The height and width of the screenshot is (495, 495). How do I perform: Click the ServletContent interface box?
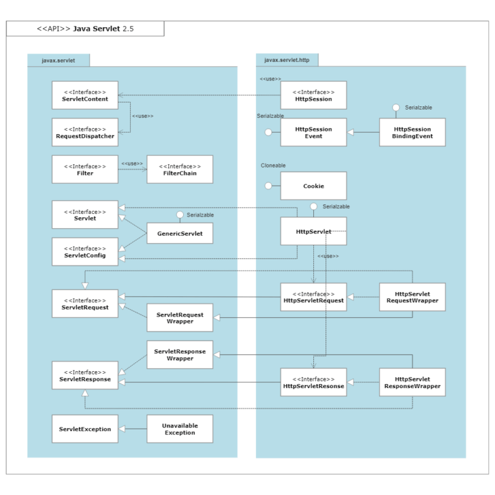click(85, 95)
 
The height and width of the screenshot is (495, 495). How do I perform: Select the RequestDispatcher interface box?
click(85, 132)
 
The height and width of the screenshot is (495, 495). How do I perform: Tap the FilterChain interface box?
click(180, 170)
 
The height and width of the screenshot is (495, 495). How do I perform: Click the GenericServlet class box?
click(180, 233)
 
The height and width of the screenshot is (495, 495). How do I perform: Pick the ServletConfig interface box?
click(85, 251)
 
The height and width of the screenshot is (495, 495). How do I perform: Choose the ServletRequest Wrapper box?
click(180, 318)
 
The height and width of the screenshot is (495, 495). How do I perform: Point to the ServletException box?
click(85, 429)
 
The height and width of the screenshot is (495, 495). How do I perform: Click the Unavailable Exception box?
click(180, 429)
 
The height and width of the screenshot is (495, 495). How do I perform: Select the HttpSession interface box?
click(313, 95)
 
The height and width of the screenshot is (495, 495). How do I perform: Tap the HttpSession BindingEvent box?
click(412, 132)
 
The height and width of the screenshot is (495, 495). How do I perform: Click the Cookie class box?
click(313, 186)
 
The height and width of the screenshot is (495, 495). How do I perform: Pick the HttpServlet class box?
click(313, 231)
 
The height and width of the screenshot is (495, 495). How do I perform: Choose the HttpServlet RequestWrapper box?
click(412, 297)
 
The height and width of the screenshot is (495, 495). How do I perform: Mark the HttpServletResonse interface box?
click(313, 382)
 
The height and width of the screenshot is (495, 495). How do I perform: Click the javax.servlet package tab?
click(58, 61)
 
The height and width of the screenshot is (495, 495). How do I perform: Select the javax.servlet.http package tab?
click(287, 61)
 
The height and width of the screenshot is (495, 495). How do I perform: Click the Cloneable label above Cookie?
click(273, 166)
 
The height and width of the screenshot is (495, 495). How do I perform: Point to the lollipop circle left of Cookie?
click(268, 186)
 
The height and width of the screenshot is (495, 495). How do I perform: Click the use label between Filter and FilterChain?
click(132, 164)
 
